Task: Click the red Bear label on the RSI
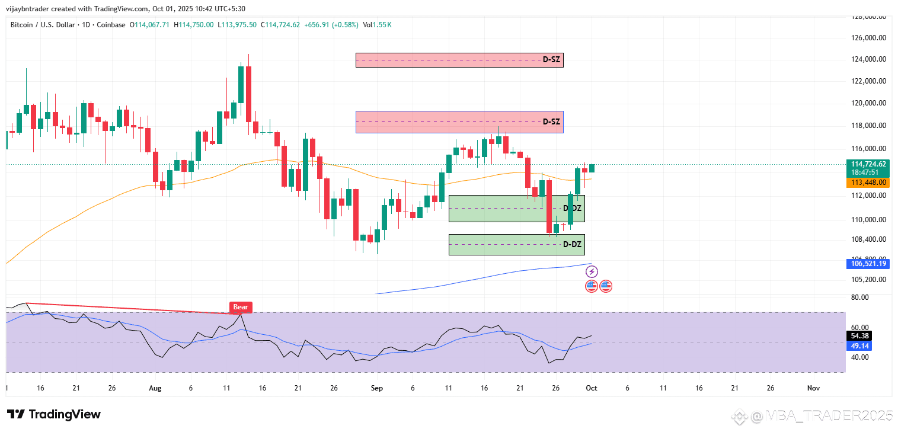click(x=241, y=307)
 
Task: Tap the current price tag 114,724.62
click(x=868, y=164)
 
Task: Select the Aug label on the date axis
click(x=155, y=389)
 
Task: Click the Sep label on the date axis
click(x=377, y=389)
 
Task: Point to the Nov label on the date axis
click(x=813, y=389)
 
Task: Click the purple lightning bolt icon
click(x=592, y=272)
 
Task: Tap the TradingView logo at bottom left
click(x=54, y=414)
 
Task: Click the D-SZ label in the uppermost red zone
click(x=551, y=60)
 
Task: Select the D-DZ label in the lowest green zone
click(x=572, y=244)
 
